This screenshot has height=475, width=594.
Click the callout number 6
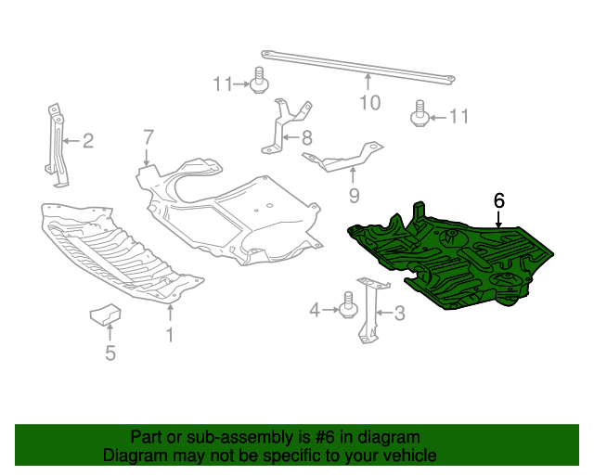[x=499, y=199]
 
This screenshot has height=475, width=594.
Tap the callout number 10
[x=369, y=103]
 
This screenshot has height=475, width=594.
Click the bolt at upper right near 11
[x=420, y=115]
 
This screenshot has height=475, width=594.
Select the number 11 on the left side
[x=222, y=84]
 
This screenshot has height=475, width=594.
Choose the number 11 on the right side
[x=458, y=117]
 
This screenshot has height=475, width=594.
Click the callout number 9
[x=354, y=195]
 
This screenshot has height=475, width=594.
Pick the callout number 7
[x=148, y=137]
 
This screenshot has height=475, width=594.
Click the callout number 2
[x=88, y=141]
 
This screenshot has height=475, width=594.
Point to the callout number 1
[x=170, y=334]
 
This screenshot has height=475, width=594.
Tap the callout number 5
[x=110, y=353]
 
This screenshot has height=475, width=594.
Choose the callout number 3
[x=400, y=314]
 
